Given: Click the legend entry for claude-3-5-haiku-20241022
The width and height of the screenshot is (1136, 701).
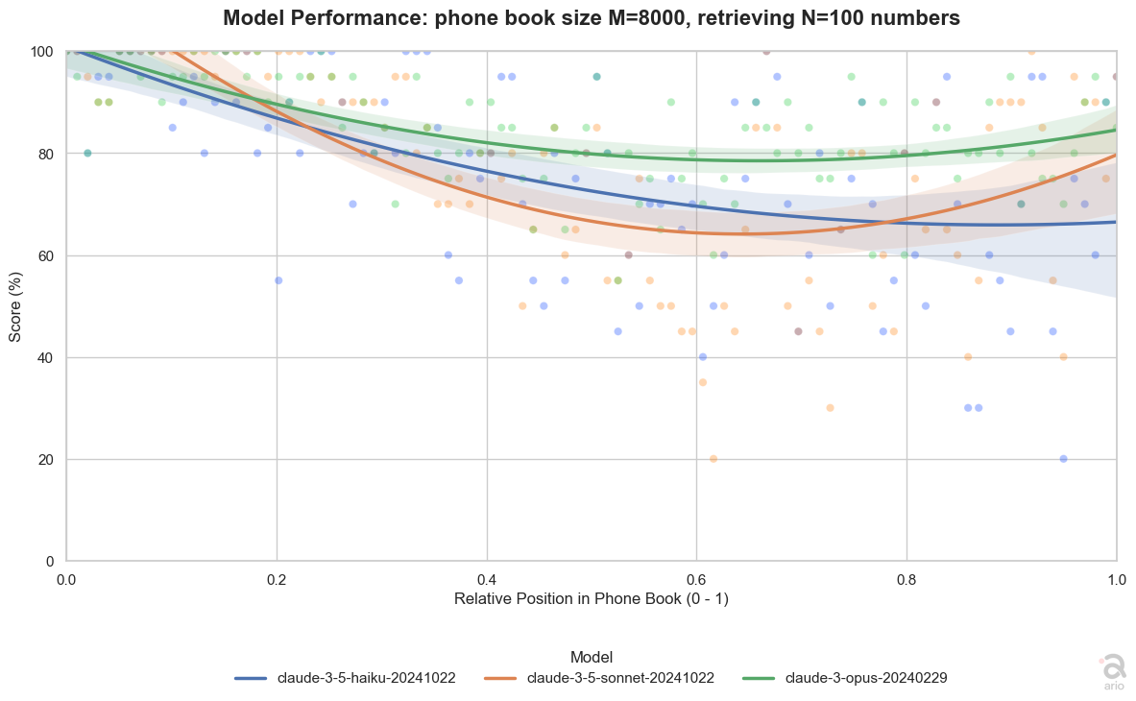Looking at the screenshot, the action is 345,679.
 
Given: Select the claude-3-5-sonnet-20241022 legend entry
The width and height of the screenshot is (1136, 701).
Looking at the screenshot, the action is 598,679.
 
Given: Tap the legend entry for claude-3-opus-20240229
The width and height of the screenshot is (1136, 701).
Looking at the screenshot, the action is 845,679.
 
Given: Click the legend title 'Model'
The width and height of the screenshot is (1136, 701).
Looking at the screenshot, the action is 592,658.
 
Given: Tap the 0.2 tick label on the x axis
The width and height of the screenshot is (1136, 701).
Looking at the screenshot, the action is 276,579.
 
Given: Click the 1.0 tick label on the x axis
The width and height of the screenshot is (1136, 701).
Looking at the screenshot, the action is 1117,579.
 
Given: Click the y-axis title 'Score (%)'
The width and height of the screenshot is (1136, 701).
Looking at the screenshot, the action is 15,307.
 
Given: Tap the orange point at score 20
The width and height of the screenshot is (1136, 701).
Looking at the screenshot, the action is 713,459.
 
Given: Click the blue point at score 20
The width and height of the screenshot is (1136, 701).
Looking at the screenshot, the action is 1064,459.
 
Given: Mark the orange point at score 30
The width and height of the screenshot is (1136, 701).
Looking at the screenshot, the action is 831,408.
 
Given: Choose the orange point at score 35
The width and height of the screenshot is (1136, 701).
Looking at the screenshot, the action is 703,382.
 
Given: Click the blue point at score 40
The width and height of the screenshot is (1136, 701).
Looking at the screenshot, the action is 703,357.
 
